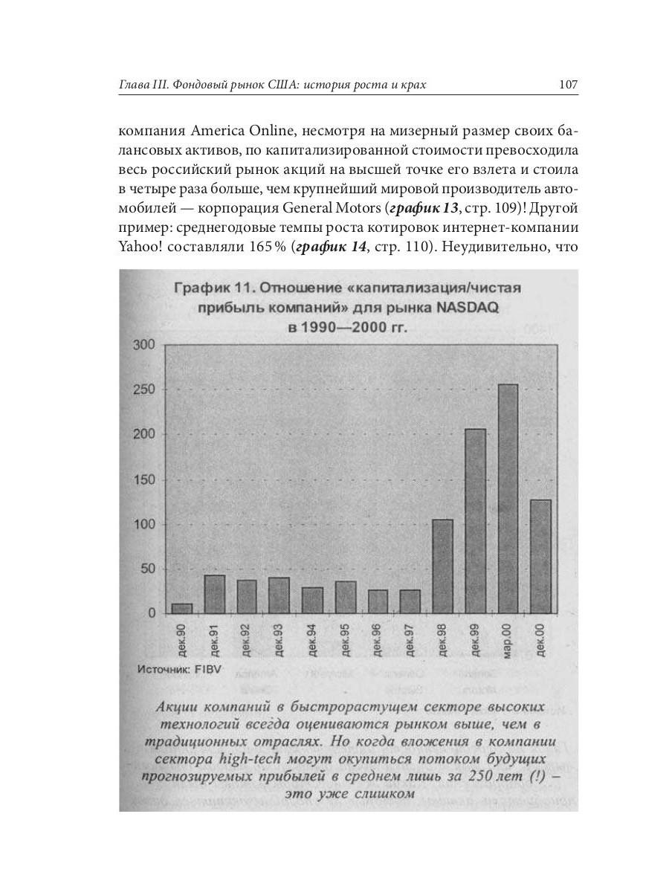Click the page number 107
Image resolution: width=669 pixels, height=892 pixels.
click(x=567, y=85)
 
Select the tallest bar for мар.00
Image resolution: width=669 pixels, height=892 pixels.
click(x=508, y=498)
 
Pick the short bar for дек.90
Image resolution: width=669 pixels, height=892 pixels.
click(x=182, y=608)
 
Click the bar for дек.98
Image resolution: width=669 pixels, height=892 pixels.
click(x=442, y=566)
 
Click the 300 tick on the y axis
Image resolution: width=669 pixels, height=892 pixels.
click(x=144, y=345)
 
